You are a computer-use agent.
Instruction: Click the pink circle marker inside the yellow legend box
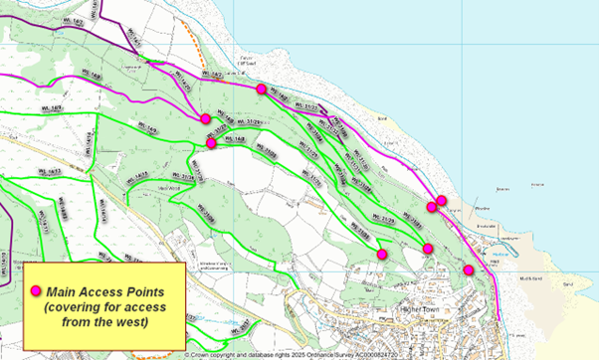(x=37, y=291)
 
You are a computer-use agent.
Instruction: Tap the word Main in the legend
(x=65, y=291)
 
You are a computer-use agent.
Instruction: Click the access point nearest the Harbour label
(x=468, y=270)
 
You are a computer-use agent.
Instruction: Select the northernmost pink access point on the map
(x=261, y=90)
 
